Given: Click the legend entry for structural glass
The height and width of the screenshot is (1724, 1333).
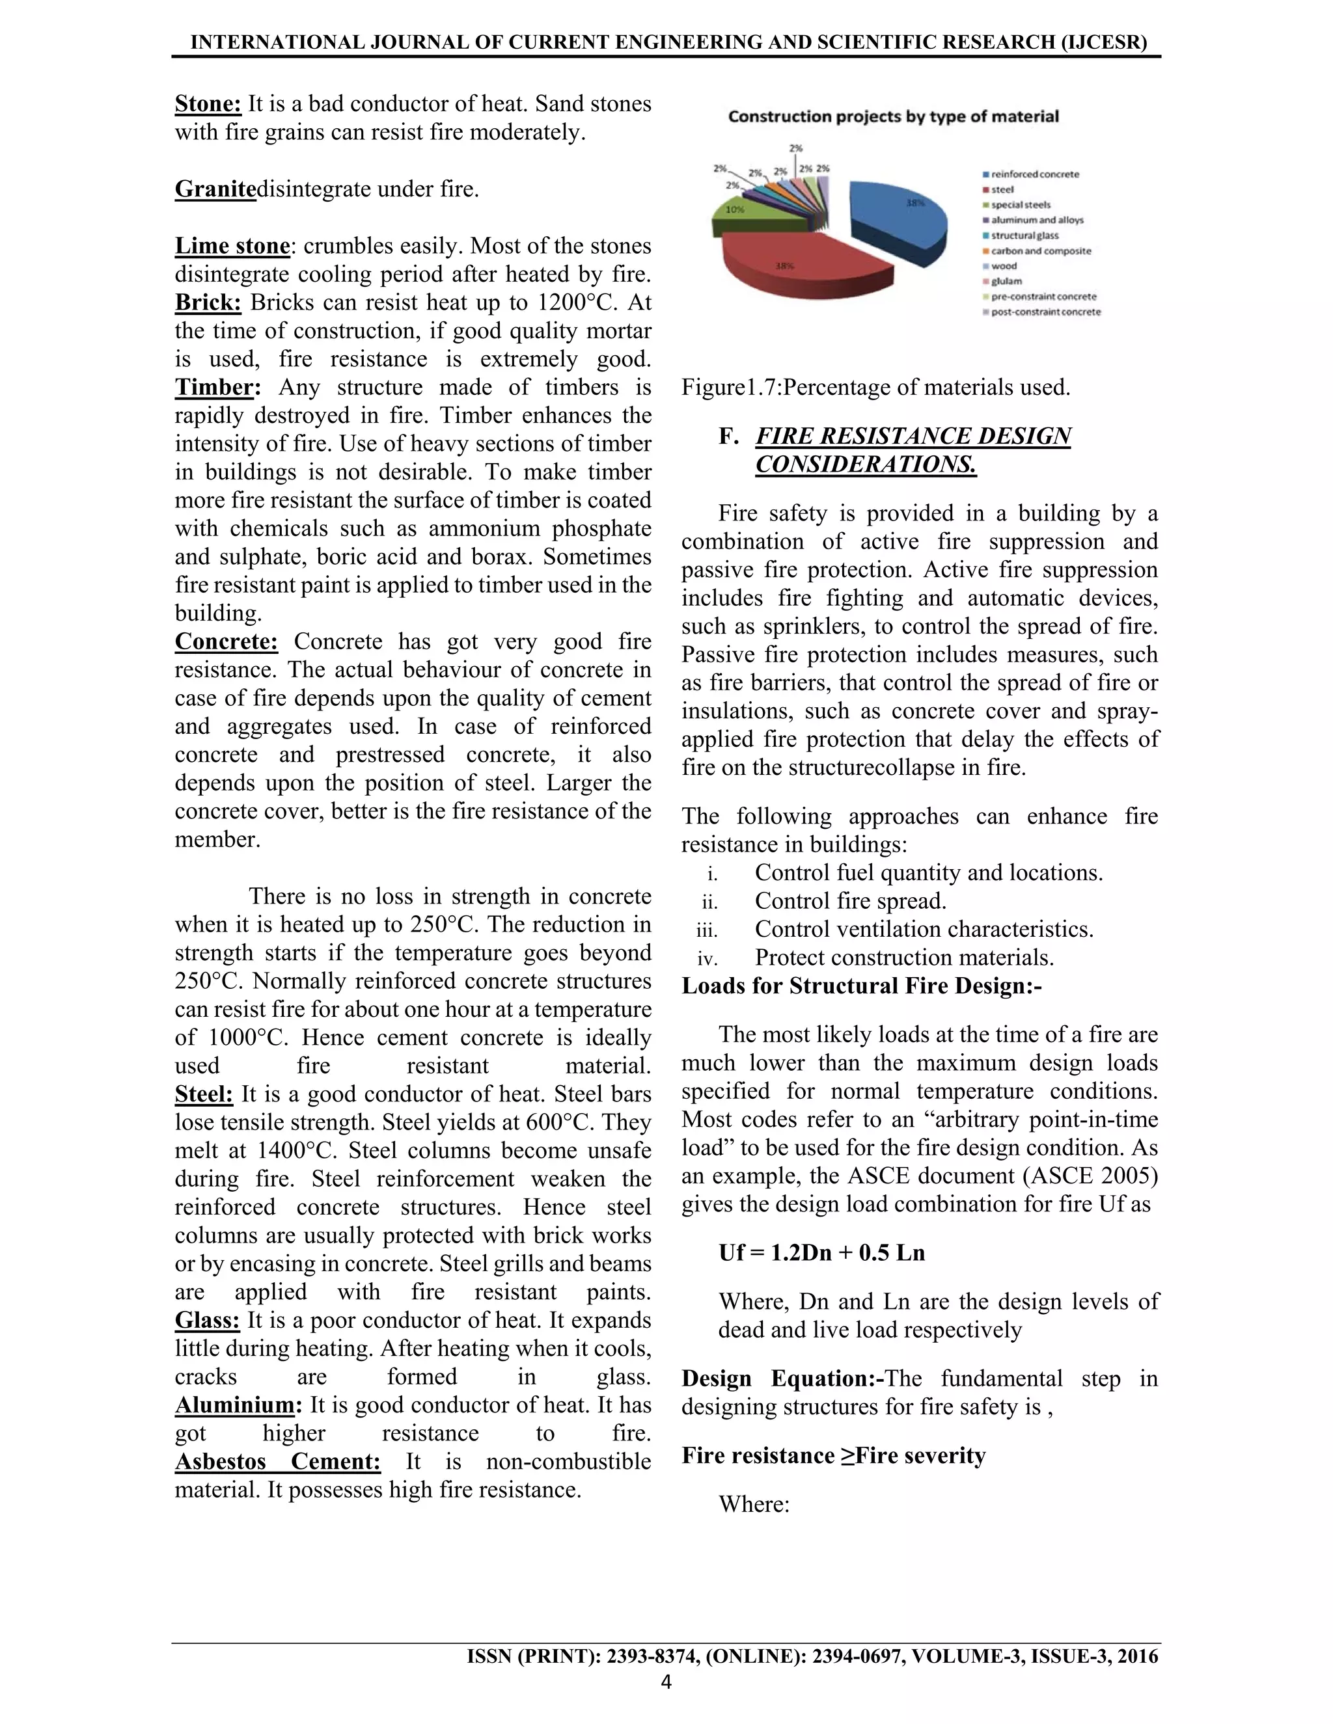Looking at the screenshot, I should tap(1024, 236).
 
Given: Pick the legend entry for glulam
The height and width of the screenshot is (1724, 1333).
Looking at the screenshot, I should tap(1006, 281).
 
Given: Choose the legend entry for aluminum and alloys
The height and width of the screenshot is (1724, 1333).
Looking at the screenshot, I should tap(1037, 221).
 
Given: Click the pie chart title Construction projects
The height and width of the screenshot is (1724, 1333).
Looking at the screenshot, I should tap(892, 117).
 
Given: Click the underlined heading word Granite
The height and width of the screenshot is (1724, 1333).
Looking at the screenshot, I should tap(215, 189).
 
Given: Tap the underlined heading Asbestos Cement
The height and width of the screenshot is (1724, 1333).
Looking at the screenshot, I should tap(277, 1461).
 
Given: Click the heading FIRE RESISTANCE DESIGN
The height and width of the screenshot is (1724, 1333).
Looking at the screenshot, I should tap(913, 437).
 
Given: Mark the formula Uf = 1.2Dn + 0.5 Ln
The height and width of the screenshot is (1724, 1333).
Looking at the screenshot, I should tap(821, 1253).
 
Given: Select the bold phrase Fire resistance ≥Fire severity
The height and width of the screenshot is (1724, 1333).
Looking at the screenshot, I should tap(834, 1455).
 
